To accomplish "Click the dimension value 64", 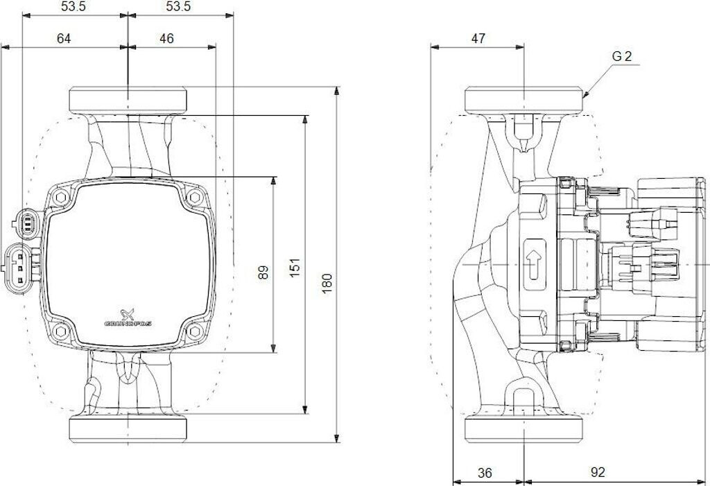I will [x=64, y=39].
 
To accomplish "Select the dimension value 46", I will [x=166, y=39].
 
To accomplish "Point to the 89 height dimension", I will [x=263, y=272].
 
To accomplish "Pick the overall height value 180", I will [x=327, y=281].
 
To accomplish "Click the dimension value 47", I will [x=478, y=39].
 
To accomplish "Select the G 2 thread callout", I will [x=622, y=57].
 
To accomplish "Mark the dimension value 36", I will [x=485, y=473].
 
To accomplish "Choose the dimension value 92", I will [x=598, y=473].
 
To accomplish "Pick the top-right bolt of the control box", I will [x=194, y=197].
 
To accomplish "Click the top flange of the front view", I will [x=128, y=100].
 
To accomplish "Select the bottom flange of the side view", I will [x=523, y=428].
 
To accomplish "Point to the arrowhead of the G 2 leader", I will [x=586, y=95].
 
